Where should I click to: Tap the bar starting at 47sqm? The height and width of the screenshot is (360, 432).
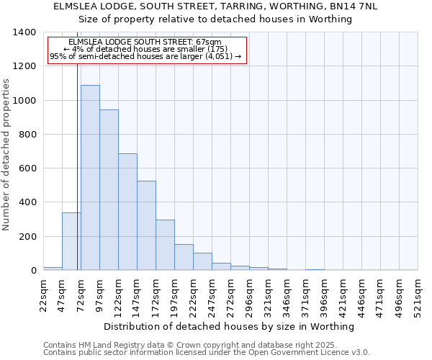(x=71, y=241)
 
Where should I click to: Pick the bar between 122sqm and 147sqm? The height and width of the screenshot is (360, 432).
(x=127, y=212)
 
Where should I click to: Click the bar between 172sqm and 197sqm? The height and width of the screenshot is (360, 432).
(x=165, y=245)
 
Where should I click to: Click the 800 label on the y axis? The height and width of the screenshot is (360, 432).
(x=27, y=135)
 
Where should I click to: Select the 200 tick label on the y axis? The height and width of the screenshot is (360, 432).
(x=27, y=237)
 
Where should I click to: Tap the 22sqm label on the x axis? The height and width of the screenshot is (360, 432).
(x=44, y=294)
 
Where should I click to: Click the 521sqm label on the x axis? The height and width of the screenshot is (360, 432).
(x=418, y=294)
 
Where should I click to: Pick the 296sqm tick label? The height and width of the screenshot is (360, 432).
(x=250, y=294)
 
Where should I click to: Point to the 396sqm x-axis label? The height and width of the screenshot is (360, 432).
(x=325, y=294)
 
